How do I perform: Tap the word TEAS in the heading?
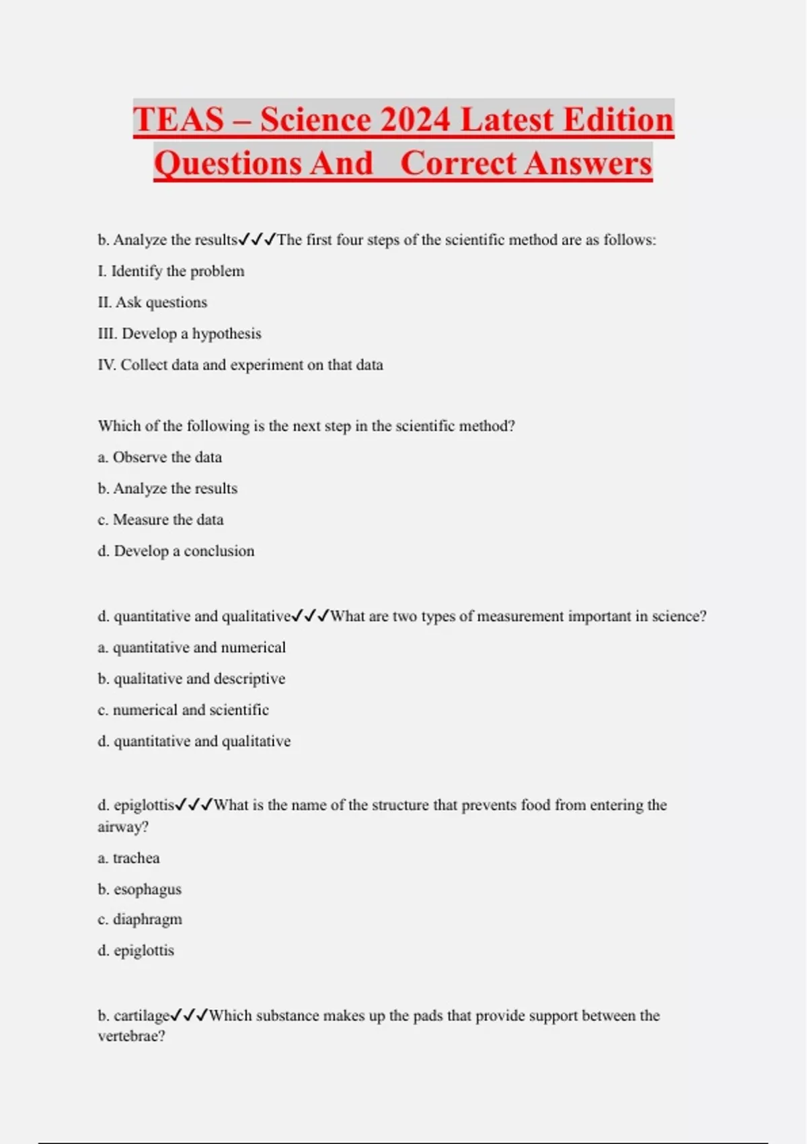pos(178,120)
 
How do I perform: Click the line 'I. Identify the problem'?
pos(171,271)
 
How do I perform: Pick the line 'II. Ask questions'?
pos(153,303)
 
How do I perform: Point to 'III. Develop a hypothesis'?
pos(180,334)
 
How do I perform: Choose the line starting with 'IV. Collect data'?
pos(240,365)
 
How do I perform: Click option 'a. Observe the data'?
pos(159,458)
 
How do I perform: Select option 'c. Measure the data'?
pos(161,520)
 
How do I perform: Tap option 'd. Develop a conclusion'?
pos(176,551)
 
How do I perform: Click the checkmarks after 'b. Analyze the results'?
pos(257,240)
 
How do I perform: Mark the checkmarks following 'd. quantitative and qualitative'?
pos(310,616)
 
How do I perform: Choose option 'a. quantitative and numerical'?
pos(192,647)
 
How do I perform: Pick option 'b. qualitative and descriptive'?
pos(192,679)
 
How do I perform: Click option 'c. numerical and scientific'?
pos(183,710)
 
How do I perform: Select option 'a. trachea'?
pos(128,858)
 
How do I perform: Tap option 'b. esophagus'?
pos(139,890)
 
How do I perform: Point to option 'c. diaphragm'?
pos(140,919)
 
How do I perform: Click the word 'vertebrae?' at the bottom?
pos(131,1036)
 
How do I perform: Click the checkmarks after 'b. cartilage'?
pos(189,1015)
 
